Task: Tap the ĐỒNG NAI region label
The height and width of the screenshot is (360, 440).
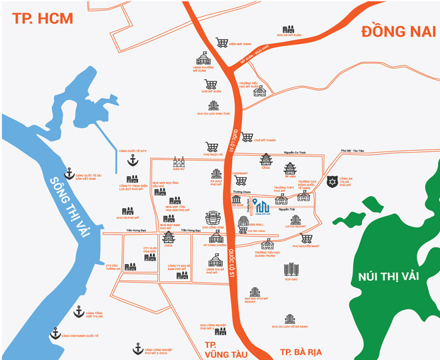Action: click(x=397, y=31)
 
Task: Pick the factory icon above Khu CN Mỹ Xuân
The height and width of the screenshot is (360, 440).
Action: click(x=288, y=29)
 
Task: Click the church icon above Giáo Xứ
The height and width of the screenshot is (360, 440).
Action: click(x=178, y=162)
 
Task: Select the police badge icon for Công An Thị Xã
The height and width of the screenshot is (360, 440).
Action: click(x=332, y=181)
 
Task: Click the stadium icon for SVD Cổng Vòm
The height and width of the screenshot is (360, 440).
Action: click(x=212, y=218)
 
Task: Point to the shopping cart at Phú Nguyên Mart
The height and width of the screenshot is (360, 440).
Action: click(x=306, y=237)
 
